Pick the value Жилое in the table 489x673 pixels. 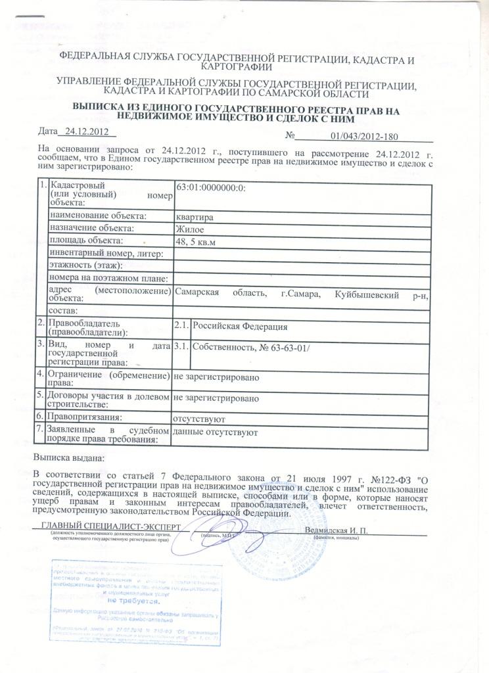pos(189,229)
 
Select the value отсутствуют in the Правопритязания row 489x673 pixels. pos(200,418)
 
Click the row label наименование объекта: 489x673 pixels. pos(97,216)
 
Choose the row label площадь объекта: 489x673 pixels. pos(86,241)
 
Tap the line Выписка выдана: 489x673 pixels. pos(68,457)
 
